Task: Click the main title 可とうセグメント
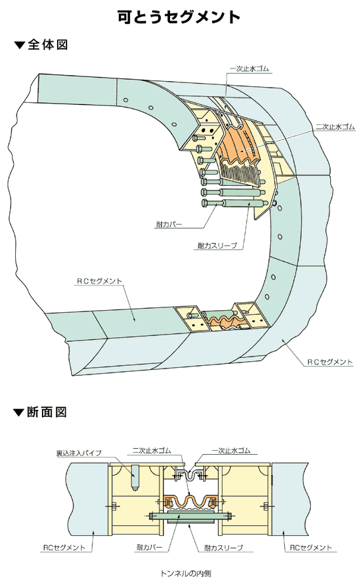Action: [179, 17]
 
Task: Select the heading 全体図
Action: [48, 45]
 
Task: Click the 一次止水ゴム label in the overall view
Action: [249, 69]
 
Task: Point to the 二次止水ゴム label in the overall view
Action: [335, 127]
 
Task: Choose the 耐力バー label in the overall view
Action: [169, 224]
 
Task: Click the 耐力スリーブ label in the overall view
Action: [218, 246]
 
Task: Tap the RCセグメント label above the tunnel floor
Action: [100, 281]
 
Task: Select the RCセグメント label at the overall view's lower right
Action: [330, 362]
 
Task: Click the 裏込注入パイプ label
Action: [78, 453]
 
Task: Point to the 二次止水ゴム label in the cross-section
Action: [151, 450]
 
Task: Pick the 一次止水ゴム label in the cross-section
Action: [230, 450]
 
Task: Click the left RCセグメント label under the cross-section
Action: [64, 547]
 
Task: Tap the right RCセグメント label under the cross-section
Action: [311, 547]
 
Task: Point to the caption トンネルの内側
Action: [186, 573]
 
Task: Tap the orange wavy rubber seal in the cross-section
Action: [191, 501]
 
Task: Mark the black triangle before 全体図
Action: [19, 46]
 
